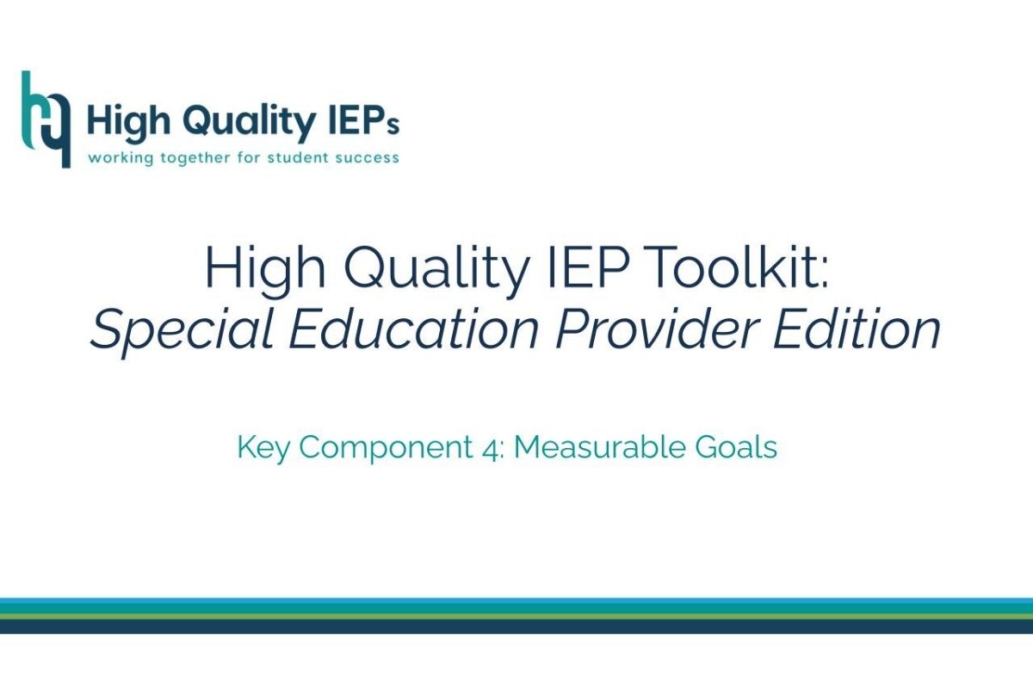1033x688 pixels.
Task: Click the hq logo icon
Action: click(x=46, y=120)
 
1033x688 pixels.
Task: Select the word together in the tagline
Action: click(x=195, y=158)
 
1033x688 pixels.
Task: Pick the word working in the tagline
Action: click(x=121, y=158)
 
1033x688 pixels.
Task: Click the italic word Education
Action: click(x=413, y=329)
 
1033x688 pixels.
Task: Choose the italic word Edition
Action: click(x=857, y=329)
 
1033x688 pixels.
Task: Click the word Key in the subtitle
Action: click(x=263, y=447)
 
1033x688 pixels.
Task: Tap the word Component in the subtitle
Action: click(x=387, y=448)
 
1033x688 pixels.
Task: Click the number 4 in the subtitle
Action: click(x=489, y=448)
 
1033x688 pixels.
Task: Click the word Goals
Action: click(x=735, y=447)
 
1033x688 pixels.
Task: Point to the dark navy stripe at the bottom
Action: click(x=516, y=627)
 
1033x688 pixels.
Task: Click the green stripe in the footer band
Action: click(x=516, y=616)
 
